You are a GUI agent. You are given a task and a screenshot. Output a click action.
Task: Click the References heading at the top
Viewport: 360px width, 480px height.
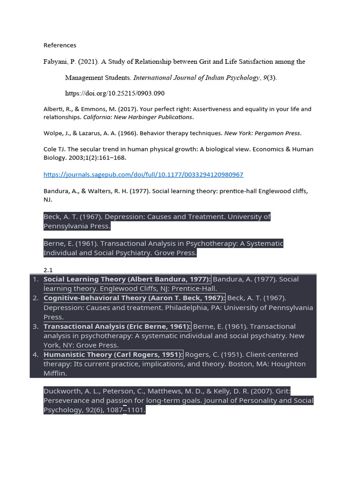click(x=60, y=45)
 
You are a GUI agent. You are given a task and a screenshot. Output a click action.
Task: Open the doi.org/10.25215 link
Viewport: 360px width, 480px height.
click(x=114, y=93)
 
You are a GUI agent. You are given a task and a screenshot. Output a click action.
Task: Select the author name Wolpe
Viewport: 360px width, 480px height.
click(x=53, y=133)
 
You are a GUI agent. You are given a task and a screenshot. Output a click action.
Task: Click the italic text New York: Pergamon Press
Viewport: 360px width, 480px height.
click(x=262, y=133)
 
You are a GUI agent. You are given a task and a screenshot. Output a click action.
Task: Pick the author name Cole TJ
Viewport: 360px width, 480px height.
click(x=52, y=150)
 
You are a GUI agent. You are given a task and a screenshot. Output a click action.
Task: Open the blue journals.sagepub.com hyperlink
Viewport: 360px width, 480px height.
click(x=143, y=174)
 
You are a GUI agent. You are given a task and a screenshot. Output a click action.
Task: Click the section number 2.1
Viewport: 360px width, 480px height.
click(x=48, y=270)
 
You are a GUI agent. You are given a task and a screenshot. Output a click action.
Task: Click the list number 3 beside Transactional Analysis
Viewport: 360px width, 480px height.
click(x=36, y=327)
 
